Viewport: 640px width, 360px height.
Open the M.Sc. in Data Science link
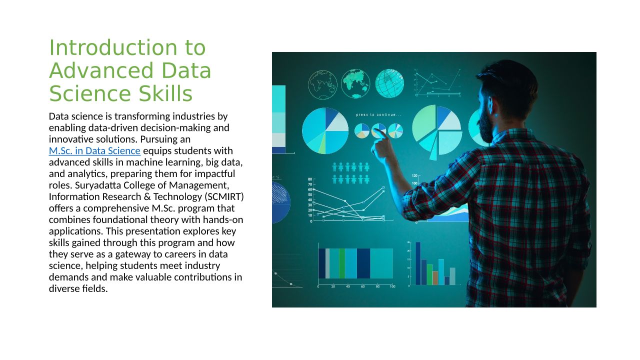(94, 150)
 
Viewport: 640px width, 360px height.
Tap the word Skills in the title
(165, 93)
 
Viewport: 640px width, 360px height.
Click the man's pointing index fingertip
(374, 130)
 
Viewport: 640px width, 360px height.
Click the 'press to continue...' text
(378, 115)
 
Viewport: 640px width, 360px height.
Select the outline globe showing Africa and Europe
(323, 84)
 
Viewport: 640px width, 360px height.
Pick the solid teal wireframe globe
(389, 83)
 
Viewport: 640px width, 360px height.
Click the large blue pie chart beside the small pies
(325, 130)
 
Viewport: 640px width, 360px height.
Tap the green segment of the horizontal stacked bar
(342, 263)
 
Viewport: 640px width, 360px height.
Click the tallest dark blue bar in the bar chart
(418, 263)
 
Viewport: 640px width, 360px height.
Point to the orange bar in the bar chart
(435, 277)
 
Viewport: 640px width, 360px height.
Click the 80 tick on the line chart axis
(310, 179)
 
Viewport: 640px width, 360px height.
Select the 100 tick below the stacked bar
(392, 286)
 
